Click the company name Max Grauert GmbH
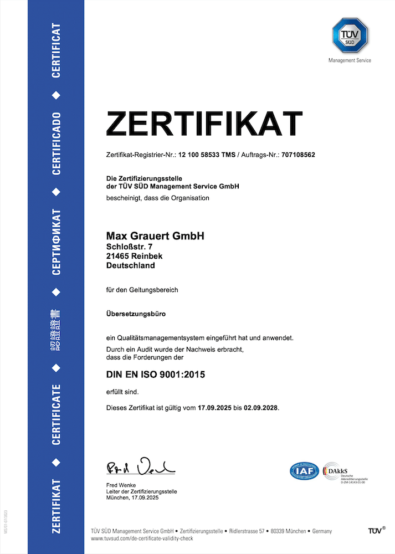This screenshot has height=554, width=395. [155, 236]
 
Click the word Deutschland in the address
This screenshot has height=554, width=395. [131, 265]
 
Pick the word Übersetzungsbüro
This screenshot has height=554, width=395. [136, 314]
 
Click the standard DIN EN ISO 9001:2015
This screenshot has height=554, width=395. [156, 375]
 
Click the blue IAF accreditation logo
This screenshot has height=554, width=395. [305, 471]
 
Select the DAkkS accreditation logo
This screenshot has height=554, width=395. [344, 471]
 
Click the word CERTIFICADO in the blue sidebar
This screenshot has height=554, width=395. [56, 143]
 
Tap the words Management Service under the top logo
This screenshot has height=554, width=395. [350, 60]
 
